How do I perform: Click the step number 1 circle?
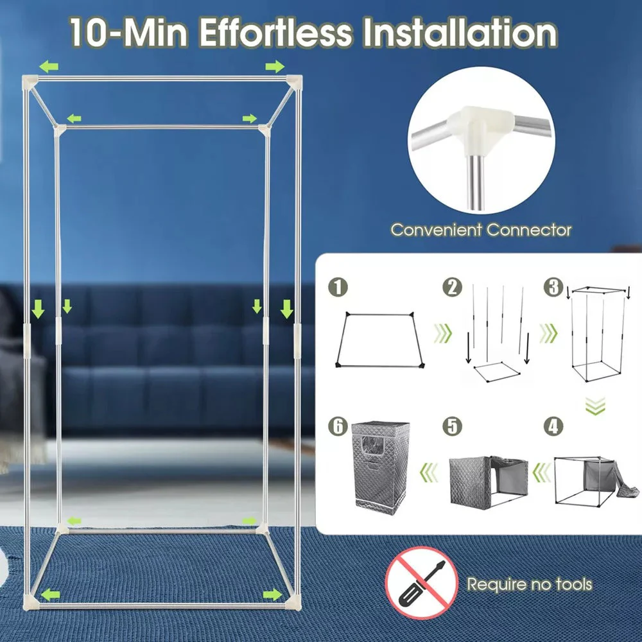pos(338,288)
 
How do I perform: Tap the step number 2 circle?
pos(453,288)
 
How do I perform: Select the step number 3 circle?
pos(553,288)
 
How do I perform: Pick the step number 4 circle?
pos(553,426)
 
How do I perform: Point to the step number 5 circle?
pos(453,426)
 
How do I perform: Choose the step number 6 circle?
pos(338,426)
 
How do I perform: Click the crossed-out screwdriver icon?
pos(421,583)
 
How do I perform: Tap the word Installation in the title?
pos(460,32)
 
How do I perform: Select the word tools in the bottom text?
pos(573,584)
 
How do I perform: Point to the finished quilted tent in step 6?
pos(380,467)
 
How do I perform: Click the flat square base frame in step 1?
pos(379,340)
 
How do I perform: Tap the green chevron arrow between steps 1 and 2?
pos(442,333)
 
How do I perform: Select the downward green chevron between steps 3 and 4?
pos(595,405)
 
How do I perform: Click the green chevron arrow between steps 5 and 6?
pos(429,473)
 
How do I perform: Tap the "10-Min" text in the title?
pos(128,32)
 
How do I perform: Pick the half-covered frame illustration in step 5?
pos(489,481)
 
